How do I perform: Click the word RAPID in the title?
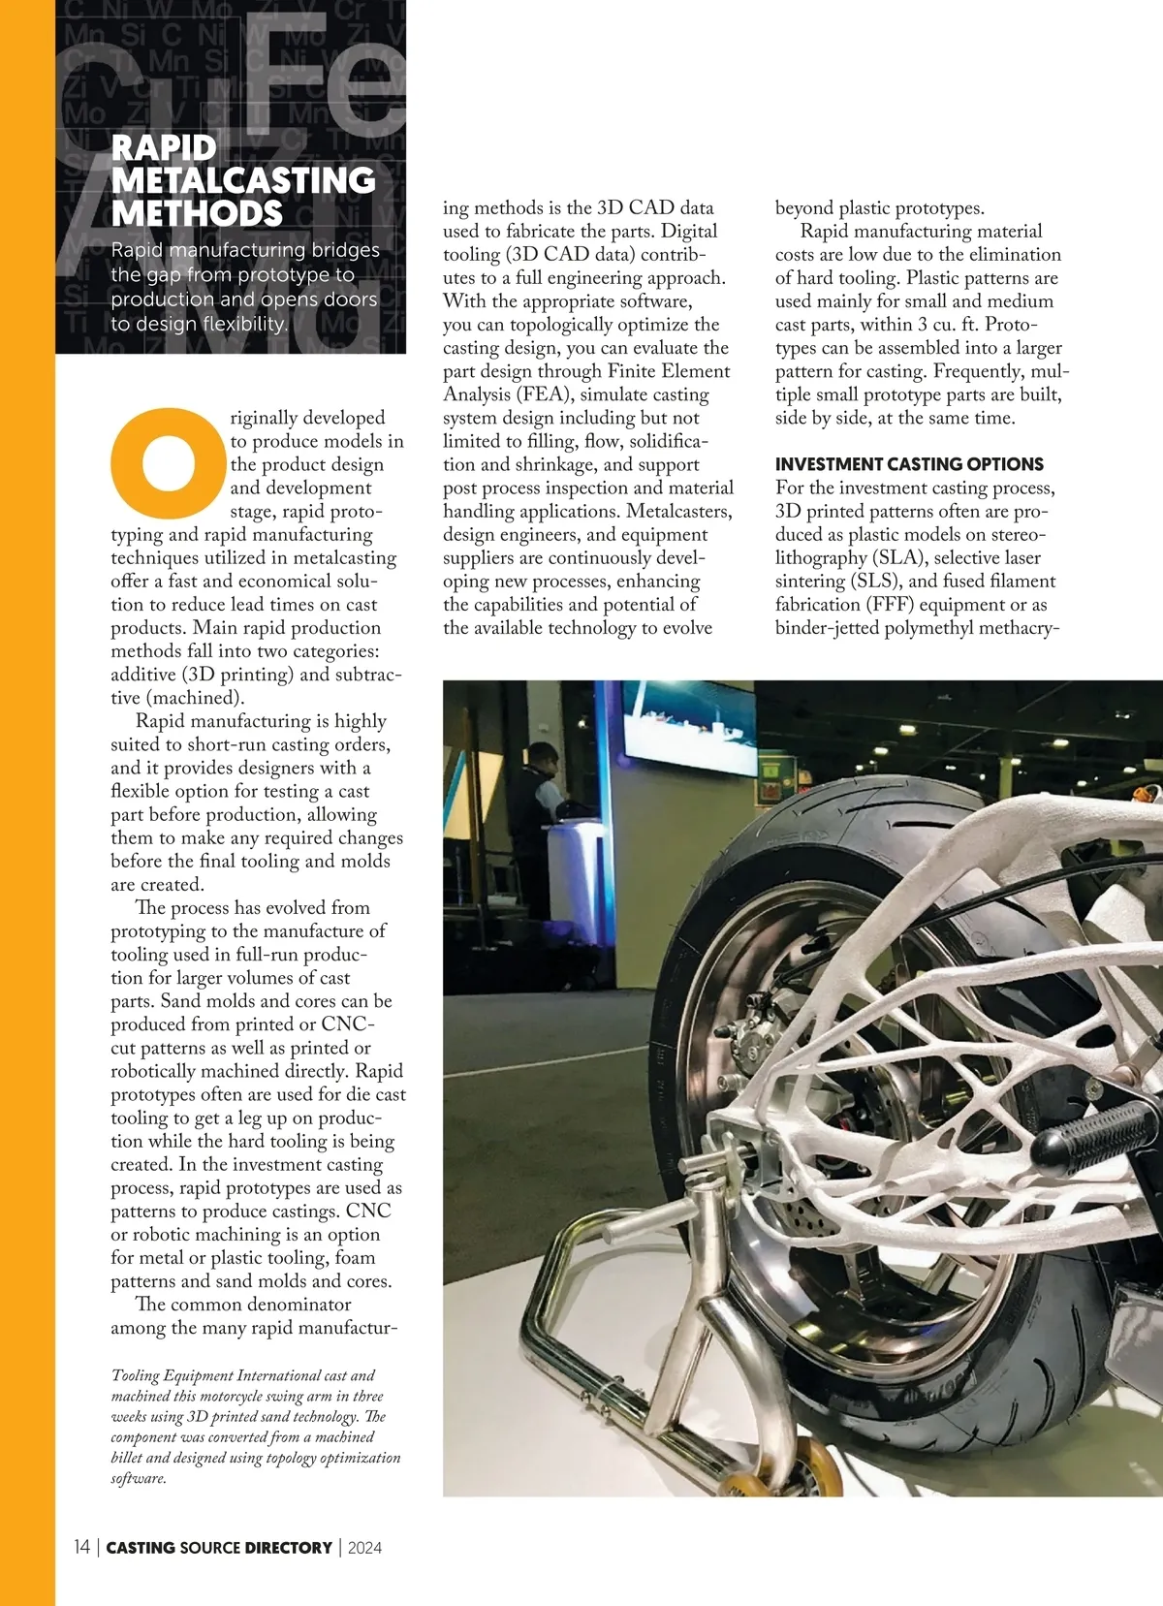[164, 148]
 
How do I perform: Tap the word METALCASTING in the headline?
[243, 181]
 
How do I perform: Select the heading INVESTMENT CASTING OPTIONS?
[909, 464]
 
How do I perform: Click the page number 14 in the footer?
[81, 1547]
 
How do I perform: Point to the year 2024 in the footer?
[364, 1548]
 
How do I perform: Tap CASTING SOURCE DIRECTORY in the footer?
[219, 1548]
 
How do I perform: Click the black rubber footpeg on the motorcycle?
[1090, 1129]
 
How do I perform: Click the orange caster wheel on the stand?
[753, 1482]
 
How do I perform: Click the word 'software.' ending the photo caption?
[139, 1479]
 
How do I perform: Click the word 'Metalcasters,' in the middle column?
[679, 511]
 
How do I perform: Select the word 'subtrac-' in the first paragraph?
[368, 675]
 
